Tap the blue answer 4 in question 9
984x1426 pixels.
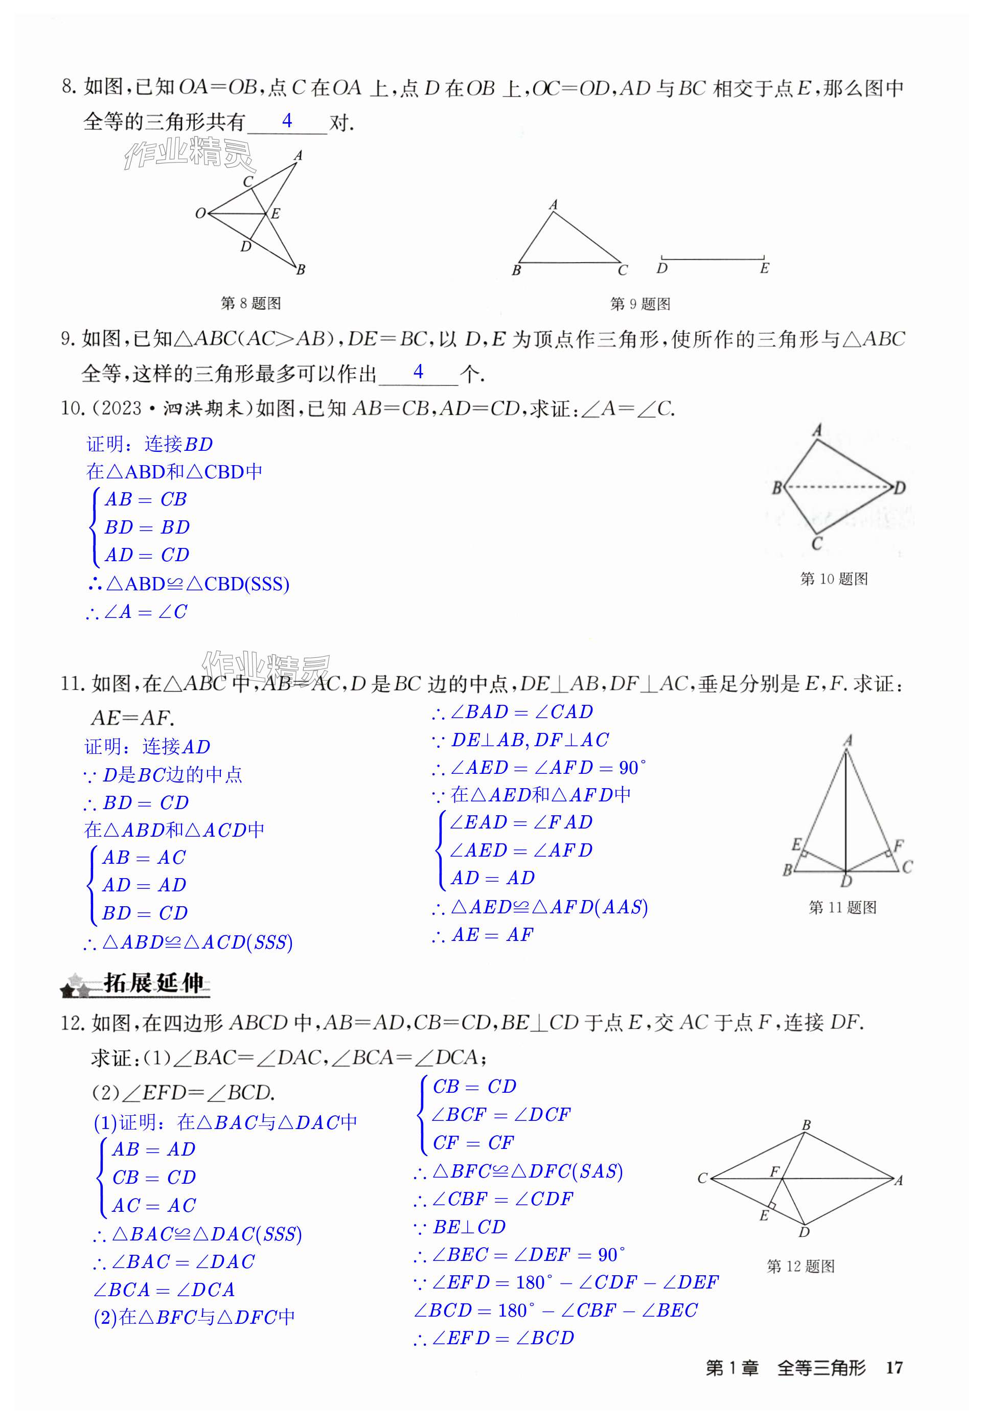419,371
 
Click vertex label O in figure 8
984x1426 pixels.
200,213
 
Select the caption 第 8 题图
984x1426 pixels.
251,303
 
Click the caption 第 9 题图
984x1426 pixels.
640,304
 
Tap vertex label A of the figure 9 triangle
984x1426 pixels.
553,204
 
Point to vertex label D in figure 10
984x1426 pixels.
900,488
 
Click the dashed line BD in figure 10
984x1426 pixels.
838,487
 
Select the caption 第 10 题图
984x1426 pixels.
834,579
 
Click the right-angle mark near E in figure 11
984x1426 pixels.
804,854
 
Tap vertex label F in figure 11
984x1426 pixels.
898,845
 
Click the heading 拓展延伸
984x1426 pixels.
153,983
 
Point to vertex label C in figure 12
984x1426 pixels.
702,1178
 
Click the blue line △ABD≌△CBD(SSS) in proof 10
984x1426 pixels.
189,584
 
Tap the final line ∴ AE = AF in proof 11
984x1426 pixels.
483,935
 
